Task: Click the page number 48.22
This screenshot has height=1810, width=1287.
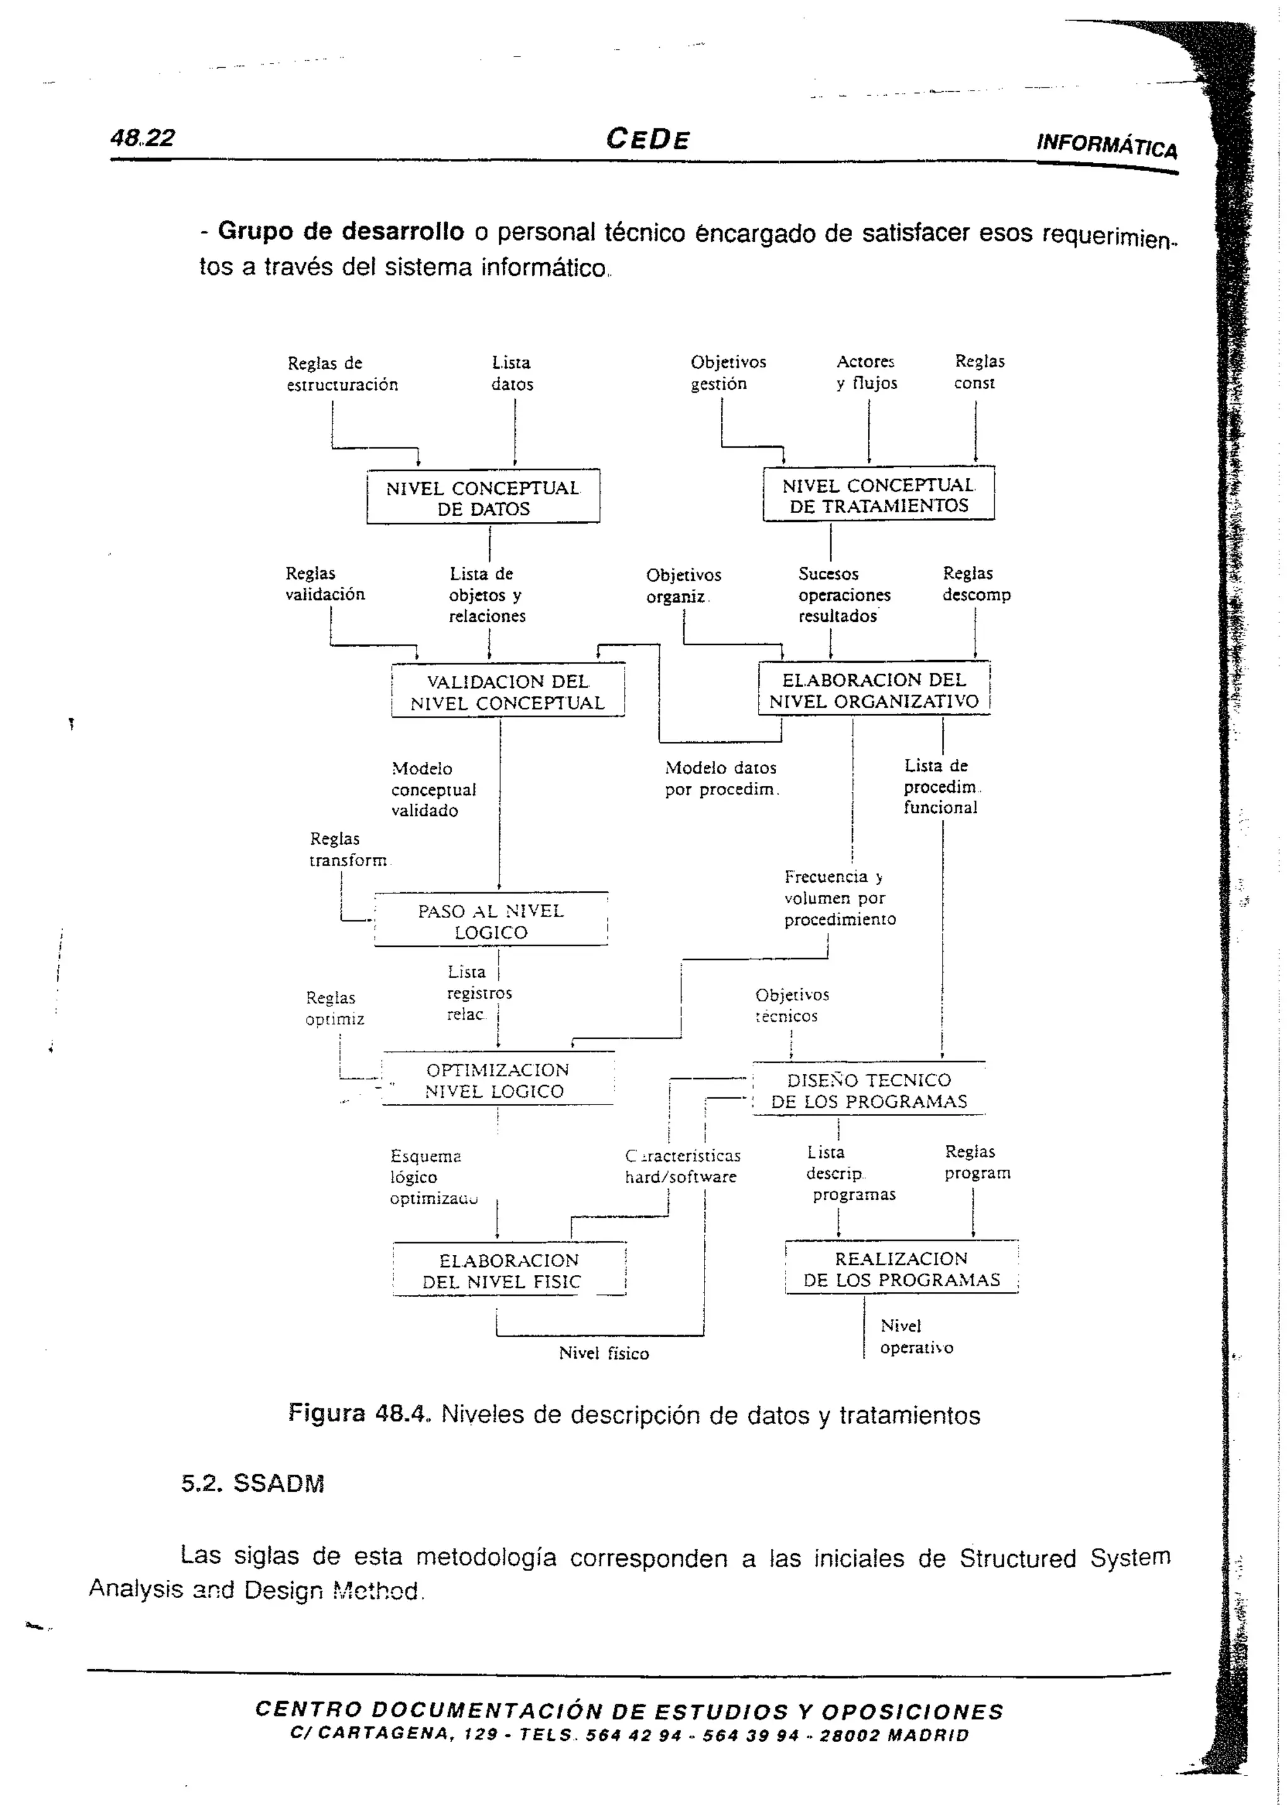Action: [143, 138]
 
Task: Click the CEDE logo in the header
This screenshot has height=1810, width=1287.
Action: [647, 140]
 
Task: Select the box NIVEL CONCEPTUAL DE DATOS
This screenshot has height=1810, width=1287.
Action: [483, 498]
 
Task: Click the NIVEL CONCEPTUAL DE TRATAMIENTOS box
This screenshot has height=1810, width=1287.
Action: [878, 495]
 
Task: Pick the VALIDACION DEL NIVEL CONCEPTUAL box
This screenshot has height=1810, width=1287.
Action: [508, 692]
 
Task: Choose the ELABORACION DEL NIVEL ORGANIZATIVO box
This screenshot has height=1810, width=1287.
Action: [874, 690]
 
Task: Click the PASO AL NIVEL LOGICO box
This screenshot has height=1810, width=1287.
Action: [491, 921]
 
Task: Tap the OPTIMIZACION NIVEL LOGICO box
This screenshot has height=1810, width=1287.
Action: [497, 1080]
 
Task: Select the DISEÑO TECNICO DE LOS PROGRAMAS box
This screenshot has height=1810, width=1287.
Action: [868, 1090]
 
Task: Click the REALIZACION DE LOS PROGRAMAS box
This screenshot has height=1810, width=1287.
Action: [901, 1269]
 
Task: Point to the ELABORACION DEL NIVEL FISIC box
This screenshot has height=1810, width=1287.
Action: [509, 1271]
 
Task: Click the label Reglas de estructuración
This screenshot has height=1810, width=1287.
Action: [342, 373]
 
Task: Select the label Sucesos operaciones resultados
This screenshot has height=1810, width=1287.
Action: [843, 595]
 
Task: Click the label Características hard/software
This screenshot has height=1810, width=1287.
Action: [682, 1166]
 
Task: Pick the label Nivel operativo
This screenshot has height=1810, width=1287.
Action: [916, 1337]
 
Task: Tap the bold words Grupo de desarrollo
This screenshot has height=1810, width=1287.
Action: [341, 231]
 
